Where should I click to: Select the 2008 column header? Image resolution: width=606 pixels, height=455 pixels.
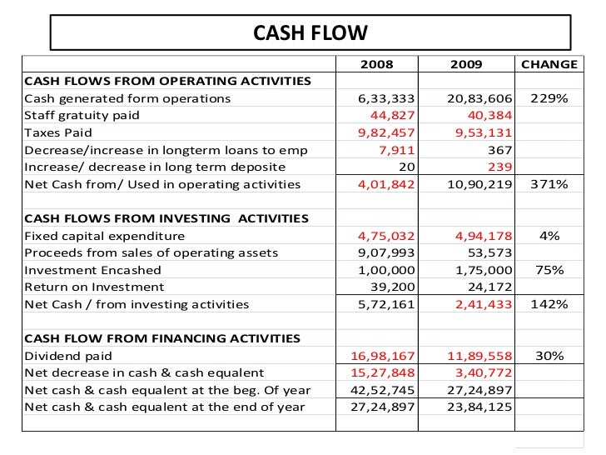(x=376, y=64)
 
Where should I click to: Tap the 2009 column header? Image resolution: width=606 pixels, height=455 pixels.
(x=466, y=64)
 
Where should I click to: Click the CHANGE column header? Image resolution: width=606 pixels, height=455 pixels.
(x=549, y=64)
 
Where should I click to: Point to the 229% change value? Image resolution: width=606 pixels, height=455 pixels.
(x=549, y=98)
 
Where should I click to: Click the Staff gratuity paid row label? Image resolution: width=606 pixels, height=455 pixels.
(x=82, y=116)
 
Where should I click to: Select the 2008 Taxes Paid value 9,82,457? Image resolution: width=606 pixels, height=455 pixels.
(x=385, y=132)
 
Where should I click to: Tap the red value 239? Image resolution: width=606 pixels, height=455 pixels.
(x=500, y=167)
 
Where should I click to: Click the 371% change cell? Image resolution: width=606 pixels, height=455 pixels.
(x=549, y=184)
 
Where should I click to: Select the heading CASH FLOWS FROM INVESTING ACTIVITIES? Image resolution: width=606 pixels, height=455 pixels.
(x=166, y=218)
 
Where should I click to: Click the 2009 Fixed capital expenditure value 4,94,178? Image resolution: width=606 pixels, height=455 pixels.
(x=479, y=236)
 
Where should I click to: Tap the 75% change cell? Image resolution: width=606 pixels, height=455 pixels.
(x=549, y=270)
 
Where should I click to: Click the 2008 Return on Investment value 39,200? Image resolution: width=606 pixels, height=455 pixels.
(x=391, y=287)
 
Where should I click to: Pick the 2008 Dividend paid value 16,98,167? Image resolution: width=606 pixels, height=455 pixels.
(x=382, y=356)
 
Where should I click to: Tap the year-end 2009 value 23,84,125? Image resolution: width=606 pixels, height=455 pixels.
(x=479, y=407)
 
